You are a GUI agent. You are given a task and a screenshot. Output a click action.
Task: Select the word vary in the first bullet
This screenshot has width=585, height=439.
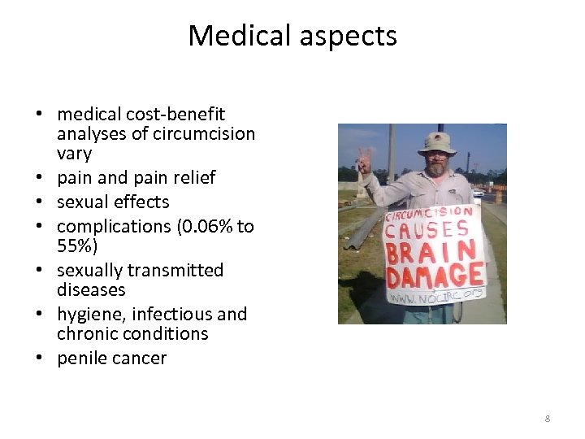[75, 153]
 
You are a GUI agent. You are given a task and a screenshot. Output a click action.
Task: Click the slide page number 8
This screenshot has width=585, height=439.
[547, 419]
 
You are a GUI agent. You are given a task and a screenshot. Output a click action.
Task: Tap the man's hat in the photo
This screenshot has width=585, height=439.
[436, 141]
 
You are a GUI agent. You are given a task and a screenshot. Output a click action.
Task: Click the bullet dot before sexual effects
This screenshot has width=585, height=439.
[38, 202]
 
